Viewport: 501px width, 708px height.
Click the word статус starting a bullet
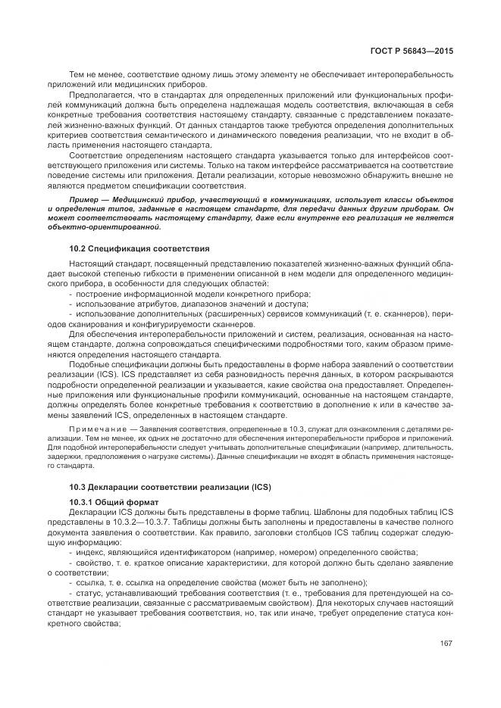tap(87, 602)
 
